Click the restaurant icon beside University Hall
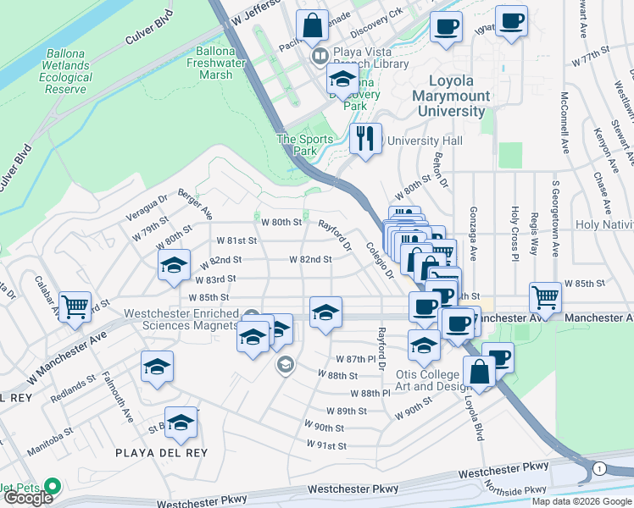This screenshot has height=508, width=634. [x=365, y=138]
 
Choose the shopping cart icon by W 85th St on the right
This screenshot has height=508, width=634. [x=545, y=297]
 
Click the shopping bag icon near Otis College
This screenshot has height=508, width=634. [x=479, y=373]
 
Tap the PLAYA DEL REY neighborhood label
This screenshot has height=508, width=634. [x=161, y=453]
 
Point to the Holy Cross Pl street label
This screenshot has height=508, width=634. [x=514, y=229]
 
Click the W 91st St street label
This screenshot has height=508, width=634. [x=331, y=445]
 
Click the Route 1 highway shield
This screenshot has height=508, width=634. [x=599, y=468]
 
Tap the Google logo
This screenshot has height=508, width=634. [x=28, y=497]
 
